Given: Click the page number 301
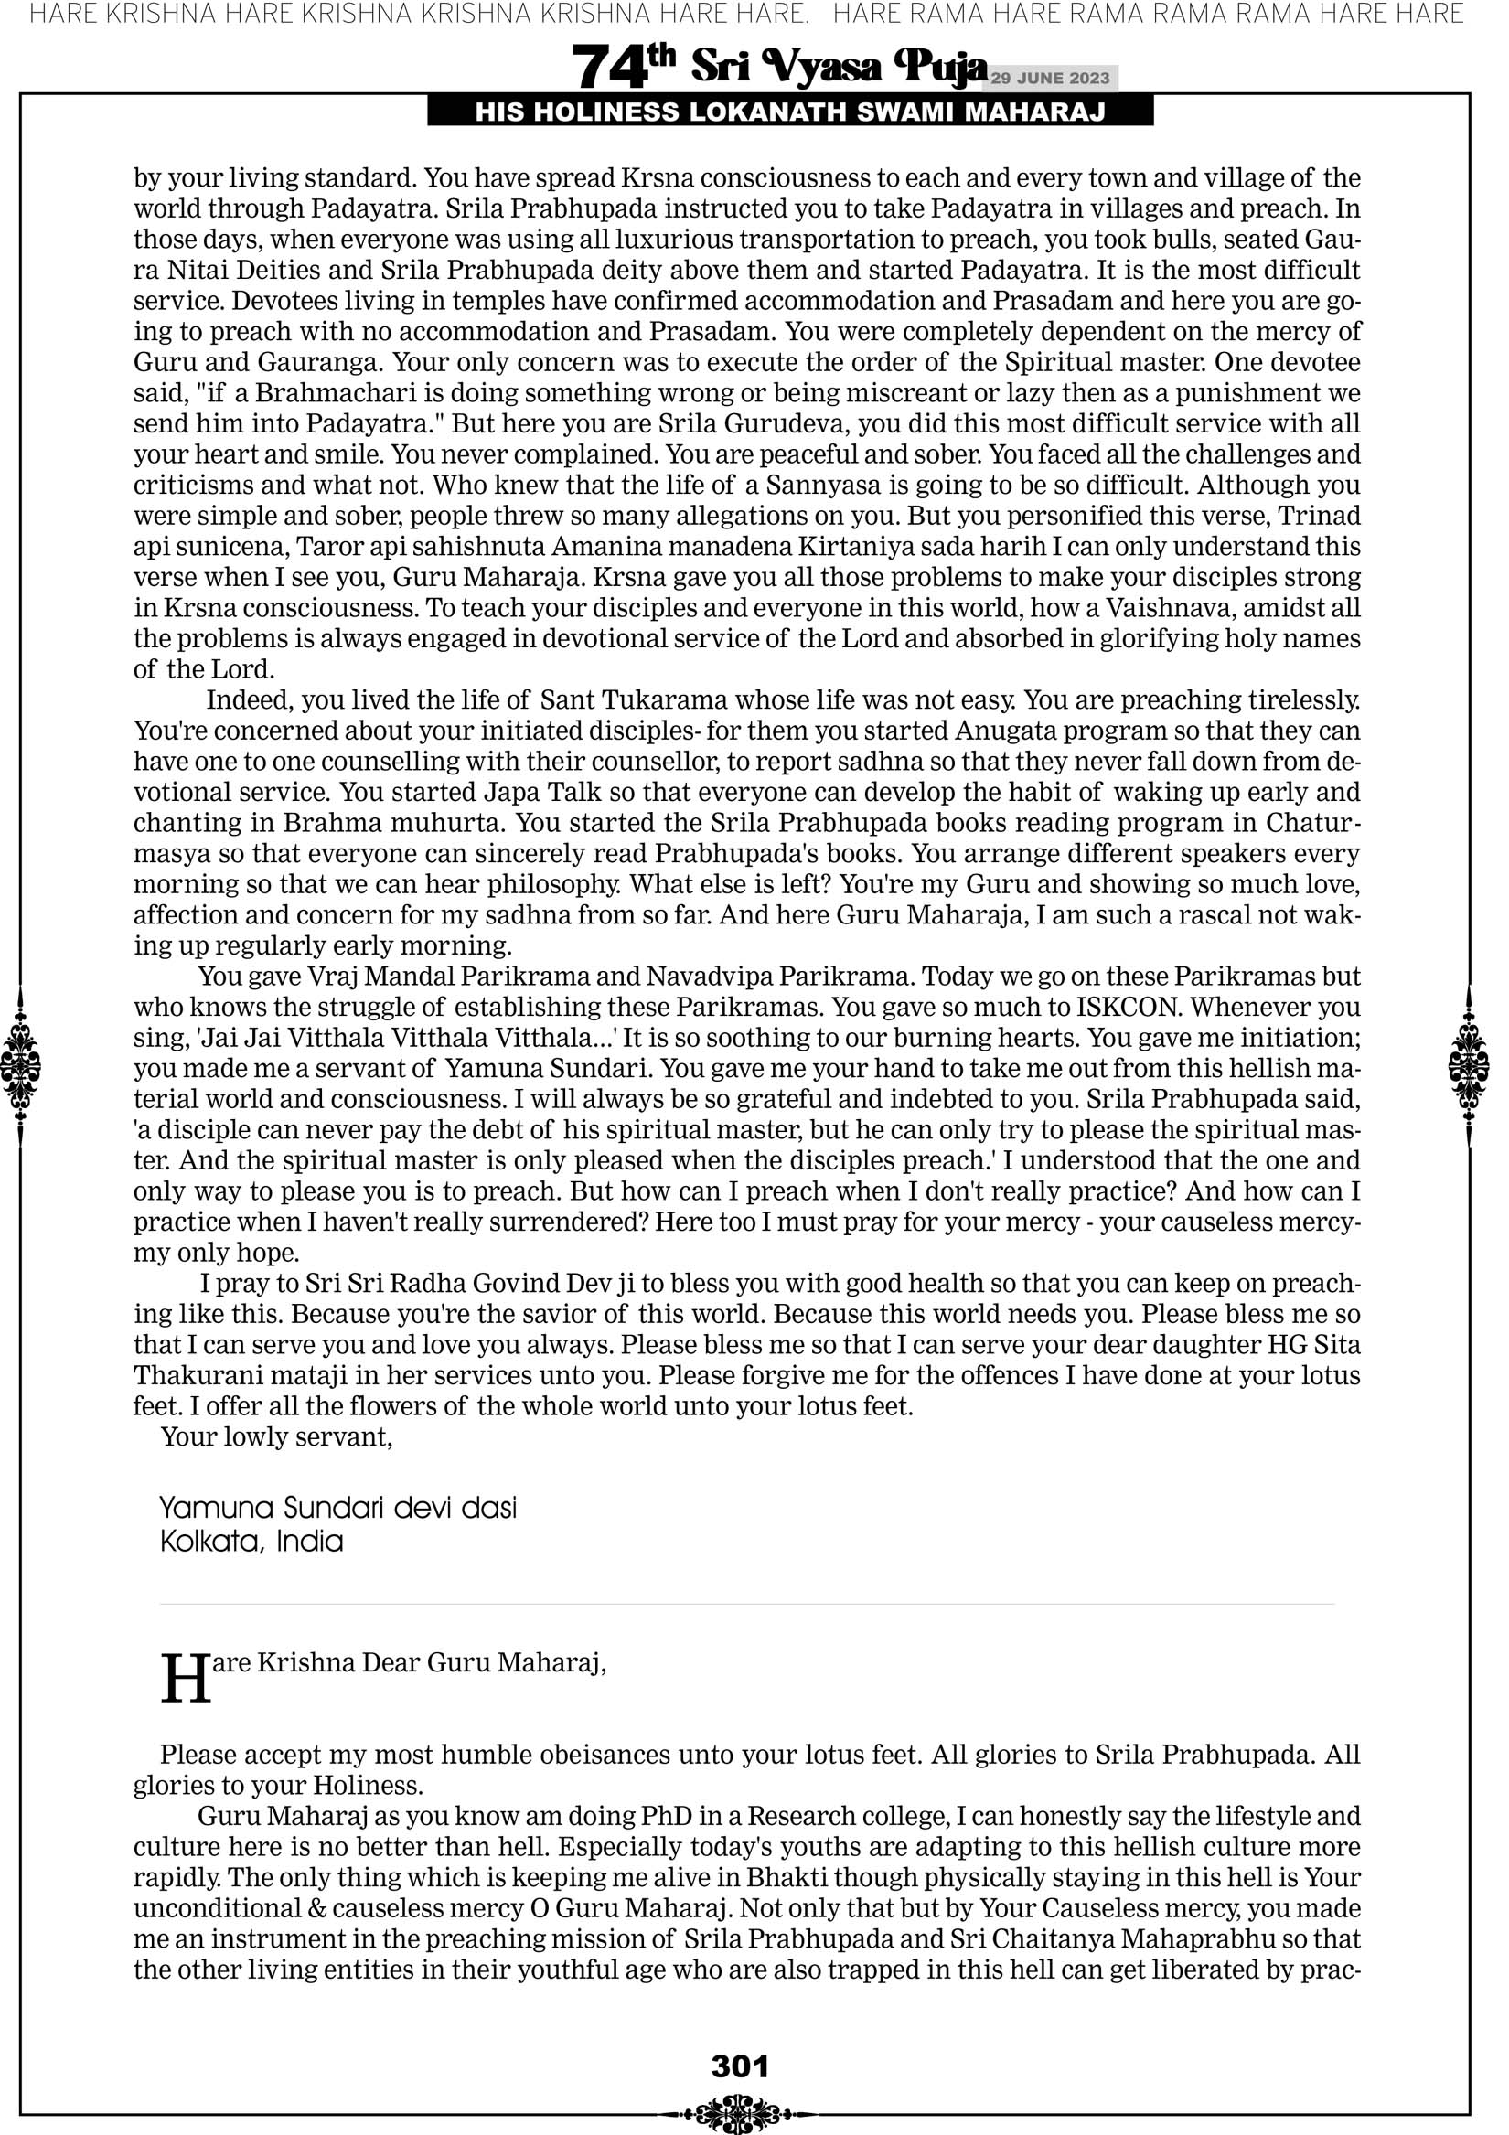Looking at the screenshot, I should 740,2066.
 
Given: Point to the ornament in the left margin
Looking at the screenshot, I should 20,1065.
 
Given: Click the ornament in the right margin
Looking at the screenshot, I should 1469,1065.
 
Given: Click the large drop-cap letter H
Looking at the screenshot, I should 186,1680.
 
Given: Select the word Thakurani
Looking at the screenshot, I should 187,1374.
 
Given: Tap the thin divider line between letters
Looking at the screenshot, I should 747,1604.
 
